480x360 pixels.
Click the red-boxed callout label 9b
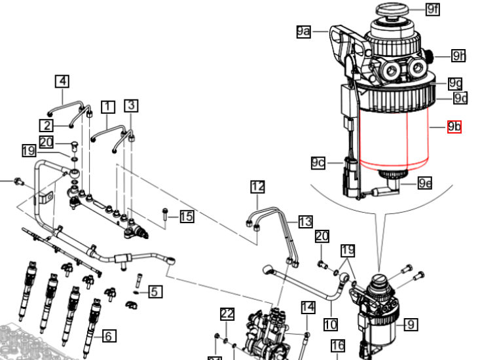[x=454, y=126]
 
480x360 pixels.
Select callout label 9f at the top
[x=432, y=9]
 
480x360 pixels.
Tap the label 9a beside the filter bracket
[x=303, y=31]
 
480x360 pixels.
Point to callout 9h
[x=458, y=56]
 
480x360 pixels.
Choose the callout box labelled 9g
[x=455, y=84]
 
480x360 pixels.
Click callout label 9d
[x=461, y=98]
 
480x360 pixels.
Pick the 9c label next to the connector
[x=318, y=162]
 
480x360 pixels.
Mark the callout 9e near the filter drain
[x=425, y=183]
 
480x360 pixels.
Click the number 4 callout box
[x=62, y=81]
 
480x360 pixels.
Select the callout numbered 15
[x=187, y=216]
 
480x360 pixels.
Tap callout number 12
[x=257, y=188]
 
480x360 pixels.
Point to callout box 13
[x=306, y=222]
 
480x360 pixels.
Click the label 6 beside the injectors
[x=109, y=336]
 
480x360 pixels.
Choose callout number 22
[x=227, y=314]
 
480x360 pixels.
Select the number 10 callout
[x=330, y=323]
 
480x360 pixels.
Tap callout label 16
[x=338, y=346]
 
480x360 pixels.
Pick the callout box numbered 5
[x=155, y=292]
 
